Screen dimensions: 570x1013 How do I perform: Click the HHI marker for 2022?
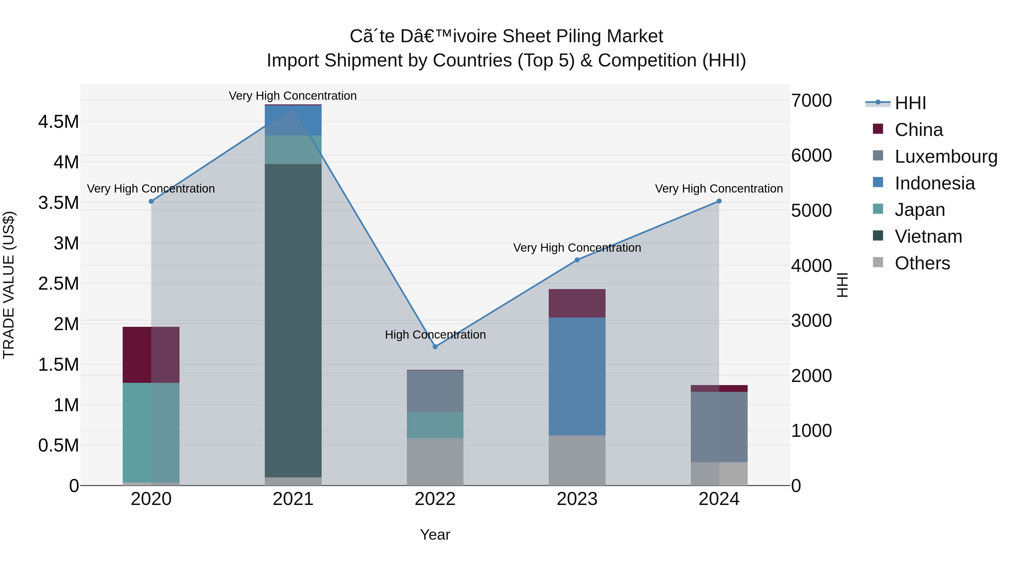coord(435,347)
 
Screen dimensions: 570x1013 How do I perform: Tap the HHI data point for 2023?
coord(577,260)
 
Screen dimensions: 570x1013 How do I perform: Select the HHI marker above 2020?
coord(151,201)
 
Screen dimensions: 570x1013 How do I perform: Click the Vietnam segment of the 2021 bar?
coord(293,321)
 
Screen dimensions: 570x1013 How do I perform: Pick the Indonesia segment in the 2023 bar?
coord(577,376)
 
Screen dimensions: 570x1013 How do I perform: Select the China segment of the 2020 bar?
coord(151,354)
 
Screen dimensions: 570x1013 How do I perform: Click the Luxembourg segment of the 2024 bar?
coord(719,427)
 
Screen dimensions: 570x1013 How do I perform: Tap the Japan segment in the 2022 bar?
coord(435,425)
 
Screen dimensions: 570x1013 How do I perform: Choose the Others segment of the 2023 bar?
coord(577,460)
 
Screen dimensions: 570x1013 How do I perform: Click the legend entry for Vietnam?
coord(928,236)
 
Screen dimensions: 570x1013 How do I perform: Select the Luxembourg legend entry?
coord(946,157)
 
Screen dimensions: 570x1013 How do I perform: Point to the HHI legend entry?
coord(910,103)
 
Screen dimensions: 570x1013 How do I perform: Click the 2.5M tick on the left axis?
coord(59,283)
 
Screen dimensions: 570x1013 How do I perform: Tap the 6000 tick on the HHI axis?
coord(811,155)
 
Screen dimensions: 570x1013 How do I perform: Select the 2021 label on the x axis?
coord(293,499)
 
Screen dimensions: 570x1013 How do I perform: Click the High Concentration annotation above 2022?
coord(435,334)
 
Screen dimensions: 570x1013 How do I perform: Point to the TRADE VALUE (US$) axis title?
coord(9,285)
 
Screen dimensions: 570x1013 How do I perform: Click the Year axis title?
coord(435,535)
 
